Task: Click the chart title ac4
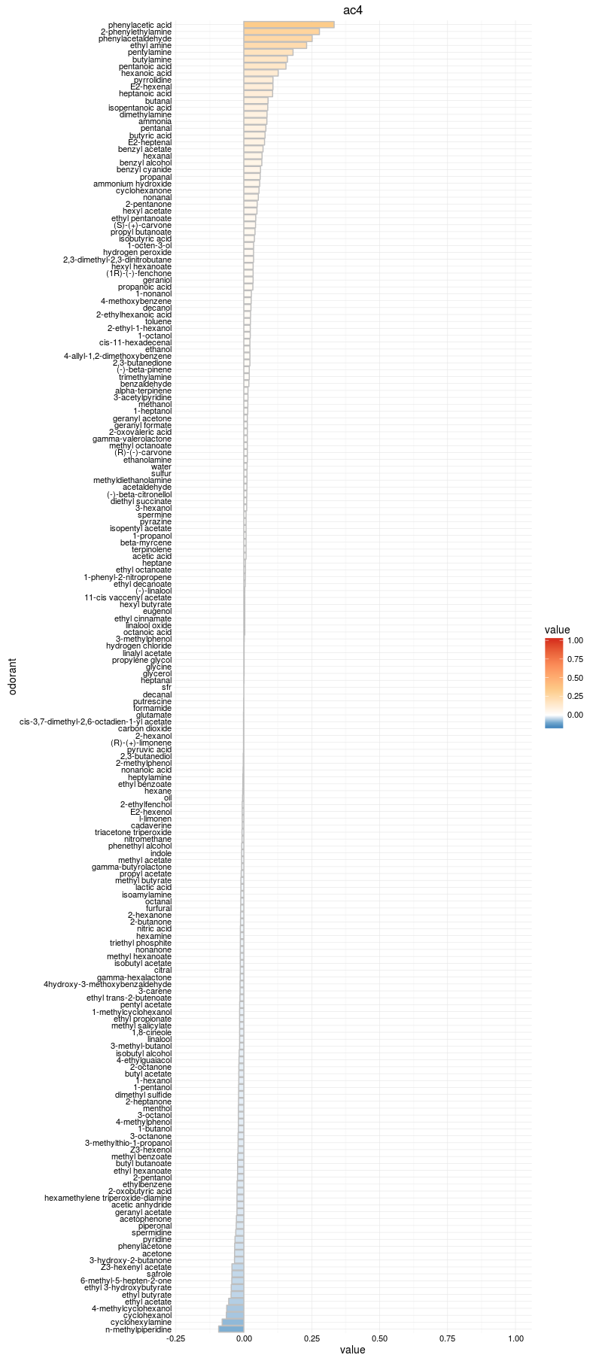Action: click(x=353, y=10)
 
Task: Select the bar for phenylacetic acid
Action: click(x=289, y=25)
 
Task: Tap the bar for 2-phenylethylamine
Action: click(x=281, y=32)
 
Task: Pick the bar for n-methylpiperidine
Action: click(x=231, y=1329)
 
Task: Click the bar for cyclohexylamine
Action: click(x=233, y=1322)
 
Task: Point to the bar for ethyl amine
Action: click(x=275, y=45)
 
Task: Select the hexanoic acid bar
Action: click(x=260, y=73)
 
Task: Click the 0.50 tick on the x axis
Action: click(x=379, y=1338)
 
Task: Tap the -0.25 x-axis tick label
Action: click(x=176, y=1338)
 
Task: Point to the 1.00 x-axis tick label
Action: click(x=515, y=1338)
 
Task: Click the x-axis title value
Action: click(x=352, y=1350)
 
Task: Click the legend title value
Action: click(x=557, y=630)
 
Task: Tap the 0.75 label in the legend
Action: click(x=575, y=659)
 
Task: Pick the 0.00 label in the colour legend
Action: click(x=575, y=715)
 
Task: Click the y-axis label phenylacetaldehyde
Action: click(x=135, y=38)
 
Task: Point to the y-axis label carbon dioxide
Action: click(x=144, y=728)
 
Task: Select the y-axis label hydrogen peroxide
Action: click(x=137, y=252)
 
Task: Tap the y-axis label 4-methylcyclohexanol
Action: click(x=131, y=1308)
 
